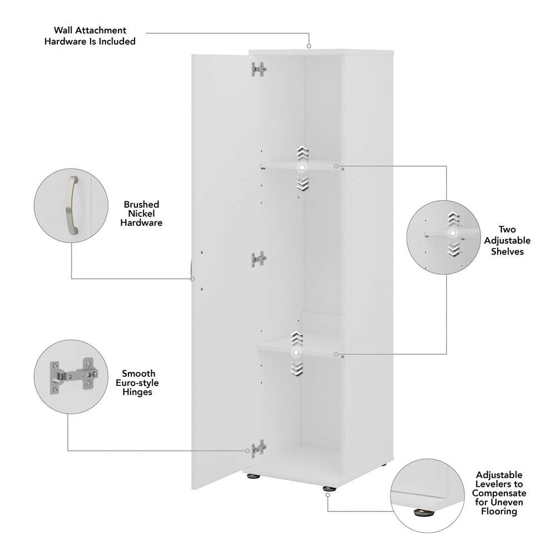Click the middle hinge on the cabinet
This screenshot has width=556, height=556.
click(x=259, y=259)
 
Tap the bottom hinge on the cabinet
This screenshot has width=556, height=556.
click(x=259, y=449)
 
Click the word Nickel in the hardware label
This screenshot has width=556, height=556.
click(x=142, y=214)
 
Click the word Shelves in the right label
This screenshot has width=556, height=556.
click(x=507, y=251)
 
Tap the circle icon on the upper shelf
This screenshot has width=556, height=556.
click(x=301, y=167)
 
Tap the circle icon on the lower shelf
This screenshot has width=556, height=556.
click(x=296, y=353)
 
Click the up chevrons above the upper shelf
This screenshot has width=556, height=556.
click(x=301, y=152)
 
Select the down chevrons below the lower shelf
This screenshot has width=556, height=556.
click(x=296, y=368)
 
